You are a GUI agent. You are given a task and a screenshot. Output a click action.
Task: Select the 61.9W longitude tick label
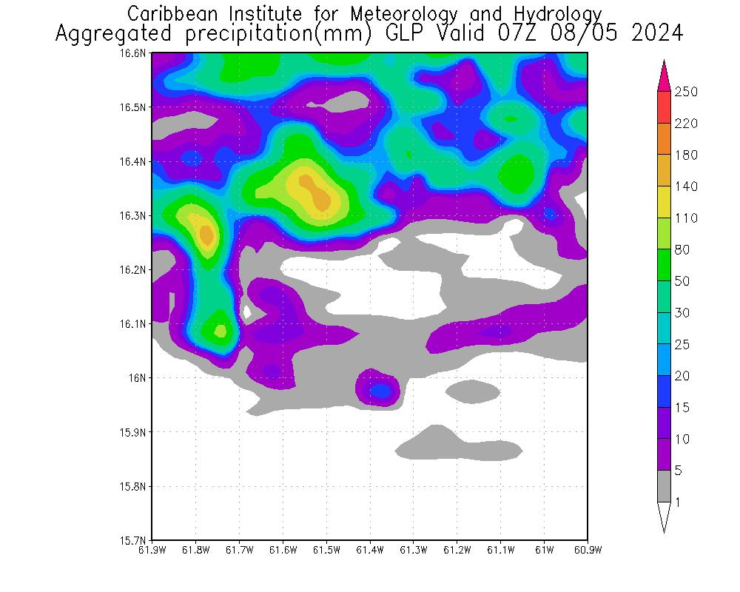point(152,550)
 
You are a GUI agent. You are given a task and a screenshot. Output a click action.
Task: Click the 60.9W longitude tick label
point(587,550)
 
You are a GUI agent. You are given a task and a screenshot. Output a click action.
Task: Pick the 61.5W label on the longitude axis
point(326,550)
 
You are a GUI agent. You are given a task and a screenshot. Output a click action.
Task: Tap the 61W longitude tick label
point(544,550)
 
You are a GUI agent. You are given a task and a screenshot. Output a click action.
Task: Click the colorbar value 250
point(687,91)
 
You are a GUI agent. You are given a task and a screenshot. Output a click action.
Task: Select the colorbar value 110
point(687,218)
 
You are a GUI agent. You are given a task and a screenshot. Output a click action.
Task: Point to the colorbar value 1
point(678,502)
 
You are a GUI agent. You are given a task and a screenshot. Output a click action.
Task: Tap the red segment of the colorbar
point(664,107)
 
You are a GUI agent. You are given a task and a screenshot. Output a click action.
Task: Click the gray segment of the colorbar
point(664,486)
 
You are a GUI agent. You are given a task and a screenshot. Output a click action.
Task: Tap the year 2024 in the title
point(655,34)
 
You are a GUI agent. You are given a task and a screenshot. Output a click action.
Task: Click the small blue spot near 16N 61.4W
point(380,390)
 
